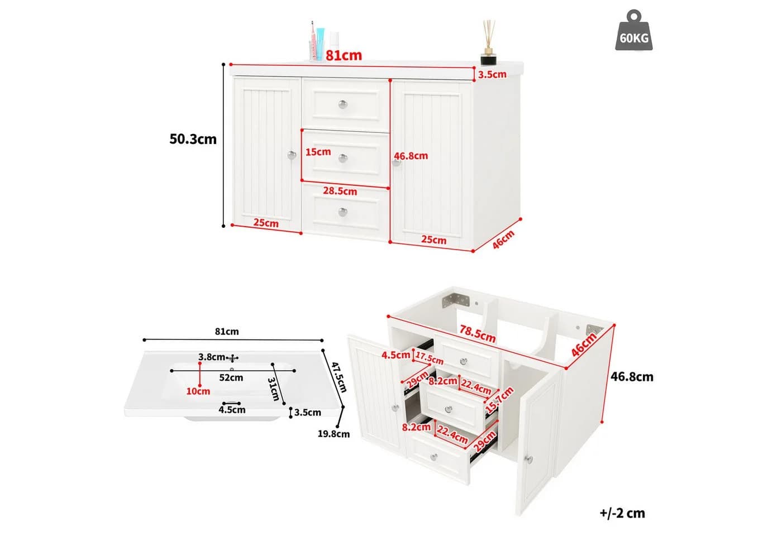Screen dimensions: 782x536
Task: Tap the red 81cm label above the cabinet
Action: pyautogui.click(x=344, y=55)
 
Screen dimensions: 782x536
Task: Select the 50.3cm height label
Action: pyautogui.click(x=193, y=139)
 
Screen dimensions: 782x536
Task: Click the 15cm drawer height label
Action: pyautogui.click(x=318, y=152)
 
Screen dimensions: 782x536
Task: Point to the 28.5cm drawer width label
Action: pyautogui.click(x=340, y=191)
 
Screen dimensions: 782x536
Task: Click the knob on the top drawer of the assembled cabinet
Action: pyautogui.click(x=343, y=104)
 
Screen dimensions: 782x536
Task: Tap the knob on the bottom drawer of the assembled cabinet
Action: pyautogui.click(x=343, y=212)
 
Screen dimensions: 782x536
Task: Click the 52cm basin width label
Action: pyautogui.click(x=231, y=377)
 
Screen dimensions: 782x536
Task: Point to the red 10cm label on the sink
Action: pyautogui.click(x=198, y=391)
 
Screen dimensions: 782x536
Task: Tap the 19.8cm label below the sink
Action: pyautogui.click(x=333, y=434)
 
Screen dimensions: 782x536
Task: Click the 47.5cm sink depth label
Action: pyautogui.click(x=338, y=377)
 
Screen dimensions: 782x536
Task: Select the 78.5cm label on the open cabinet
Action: pyautogui.click(x=477, y=334)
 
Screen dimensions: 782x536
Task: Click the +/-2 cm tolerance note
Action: pyautogui.click(x=622, y=513)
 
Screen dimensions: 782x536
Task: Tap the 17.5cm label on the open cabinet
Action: pyautogui.click(x=430, y=358)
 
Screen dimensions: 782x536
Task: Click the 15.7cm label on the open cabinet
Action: pyautogui.click(x=499, y=400)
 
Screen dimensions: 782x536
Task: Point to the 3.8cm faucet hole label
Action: pyautogui.click(x=212, y=357)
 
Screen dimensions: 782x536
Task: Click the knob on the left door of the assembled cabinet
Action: pyautogui.click(x=292, y=155)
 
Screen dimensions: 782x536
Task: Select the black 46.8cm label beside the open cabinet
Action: pyautogui.click(x=632, y=377)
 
